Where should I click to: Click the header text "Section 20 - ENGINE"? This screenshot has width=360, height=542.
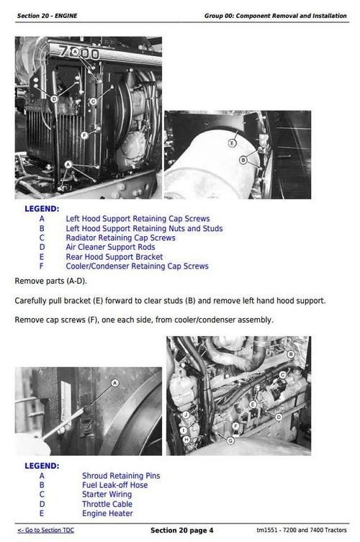48,15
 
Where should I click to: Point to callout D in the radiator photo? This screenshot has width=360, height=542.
54,98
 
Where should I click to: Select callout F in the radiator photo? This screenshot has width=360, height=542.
84,135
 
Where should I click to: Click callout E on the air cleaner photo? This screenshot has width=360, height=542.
233,143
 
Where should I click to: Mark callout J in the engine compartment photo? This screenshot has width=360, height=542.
186,415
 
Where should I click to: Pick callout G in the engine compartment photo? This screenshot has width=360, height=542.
230,440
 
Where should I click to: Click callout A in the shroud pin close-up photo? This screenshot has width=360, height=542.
114,384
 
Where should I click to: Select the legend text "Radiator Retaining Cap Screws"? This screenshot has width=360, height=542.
120,238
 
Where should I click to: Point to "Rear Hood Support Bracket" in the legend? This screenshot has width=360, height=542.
114,256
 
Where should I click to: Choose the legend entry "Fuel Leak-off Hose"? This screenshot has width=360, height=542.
114,485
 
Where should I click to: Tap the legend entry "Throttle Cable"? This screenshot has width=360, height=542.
107,504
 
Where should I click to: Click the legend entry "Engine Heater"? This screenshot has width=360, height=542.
107,513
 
